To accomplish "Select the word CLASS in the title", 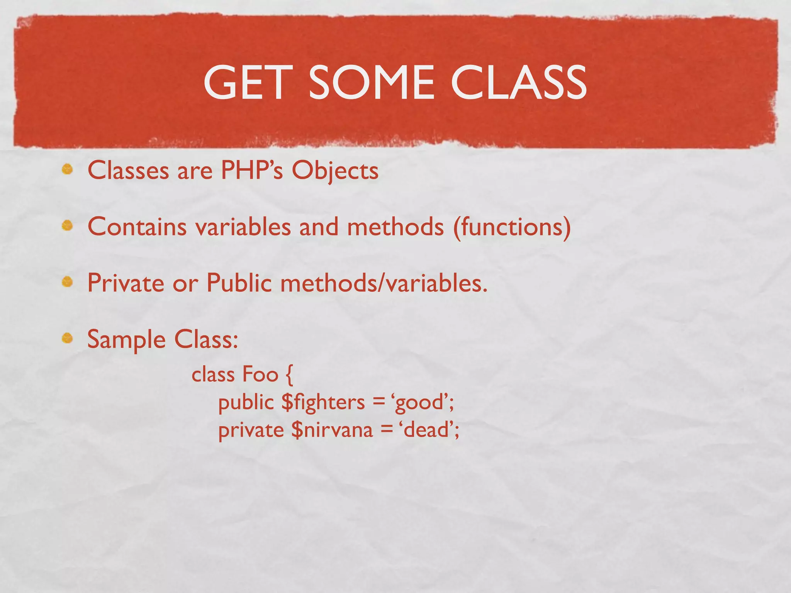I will tap(518, 82).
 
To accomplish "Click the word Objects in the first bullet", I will tap(335, 171).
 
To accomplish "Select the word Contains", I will tap(137, 226).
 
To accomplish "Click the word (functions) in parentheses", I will tap(512, 227).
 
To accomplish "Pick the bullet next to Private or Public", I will tap(68, 282).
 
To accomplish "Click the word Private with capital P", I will tap(126, 283).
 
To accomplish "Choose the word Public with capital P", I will tap(239, 283).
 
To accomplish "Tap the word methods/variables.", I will tap(384, 283).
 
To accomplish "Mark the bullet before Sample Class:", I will tap(68, 338).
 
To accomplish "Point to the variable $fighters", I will tap(323, 402).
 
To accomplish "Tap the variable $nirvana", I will tap(332, 430).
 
